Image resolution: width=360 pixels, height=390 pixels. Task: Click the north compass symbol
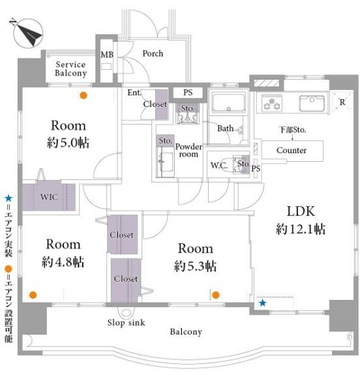click(x=27, y=33)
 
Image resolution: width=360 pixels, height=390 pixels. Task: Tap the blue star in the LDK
click(x=262, y=303)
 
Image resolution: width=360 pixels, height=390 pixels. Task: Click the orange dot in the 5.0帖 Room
click(x=83, y=95)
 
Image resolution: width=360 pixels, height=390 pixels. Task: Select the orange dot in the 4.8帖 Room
click(x=33, y=295)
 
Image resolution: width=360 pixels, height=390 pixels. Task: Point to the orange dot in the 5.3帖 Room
click(x=216, y=295)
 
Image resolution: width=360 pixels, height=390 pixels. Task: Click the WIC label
click(x=49, y=197)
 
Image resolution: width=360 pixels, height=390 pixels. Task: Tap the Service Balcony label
click(x=71, y=68)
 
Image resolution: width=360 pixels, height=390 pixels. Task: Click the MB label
click(x=107, y=55)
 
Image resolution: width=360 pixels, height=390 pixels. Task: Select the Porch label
click(x=153, y=53)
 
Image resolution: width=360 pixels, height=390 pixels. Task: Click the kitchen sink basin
click(x=312, y=103)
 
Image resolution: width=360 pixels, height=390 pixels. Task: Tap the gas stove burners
click(x=272, y=103)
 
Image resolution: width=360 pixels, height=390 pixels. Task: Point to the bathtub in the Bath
click(x=229, y=102)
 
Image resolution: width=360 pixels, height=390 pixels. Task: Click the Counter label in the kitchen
click(x=292, y=150)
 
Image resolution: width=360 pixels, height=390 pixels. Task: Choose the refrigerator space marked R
click(x=342, y=102)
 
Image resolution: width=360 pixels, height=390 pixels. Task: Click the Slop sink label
click(x=126, y=323)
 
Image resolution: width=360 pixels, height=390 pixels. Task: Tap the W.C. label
click(x=219, y=166)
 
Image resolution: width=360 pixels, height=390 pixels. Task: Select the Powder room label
click(x=188, y=150)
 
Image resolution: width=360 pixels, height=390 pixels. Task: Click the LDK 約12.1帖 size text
click(x=301, y=229)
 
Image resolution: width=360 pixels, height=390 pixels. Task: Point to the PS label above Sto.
click(x=188, y=93)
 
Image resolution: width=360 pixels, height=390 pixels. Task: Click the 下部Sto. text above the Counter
click(x=293, y=130)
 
